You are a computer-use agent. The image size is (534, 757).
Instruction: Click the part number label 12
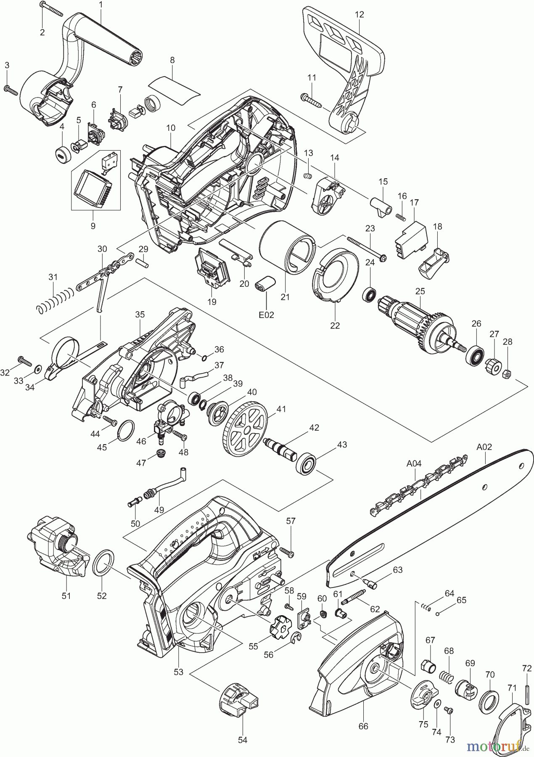359,14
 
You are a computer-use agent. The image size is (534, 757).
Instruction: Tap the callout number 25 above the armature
420,291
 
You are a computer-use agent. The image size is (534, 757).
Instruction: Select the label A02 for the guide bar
484,447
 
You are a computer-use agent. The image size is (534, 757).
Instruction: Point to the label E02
267,315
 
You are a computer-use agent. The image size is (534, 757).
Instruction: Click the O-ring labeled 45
125,431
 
